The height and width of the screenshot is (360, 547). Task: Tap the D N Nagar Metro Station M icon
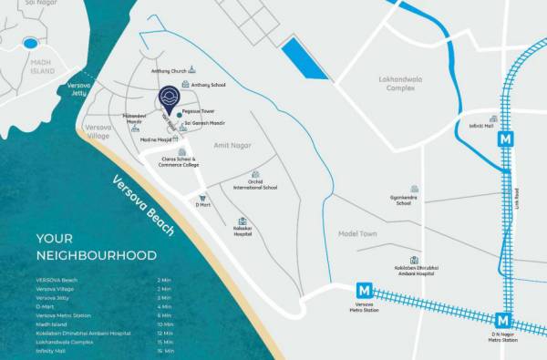[x=502, y=322]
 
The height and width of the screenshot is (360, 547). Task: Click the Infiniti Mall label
[x=481, y=128]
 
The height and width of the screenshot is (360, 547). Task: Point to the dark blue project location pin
[x=169, y=98]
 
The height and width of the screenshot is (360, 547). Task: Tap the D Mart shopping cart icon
[x=203, y=198]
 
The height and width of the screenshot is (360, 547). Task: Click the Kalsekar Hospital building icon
[x=242, y=221]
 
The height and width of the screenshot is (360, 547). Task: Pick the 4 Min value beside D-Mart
[x=164, y=307]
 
